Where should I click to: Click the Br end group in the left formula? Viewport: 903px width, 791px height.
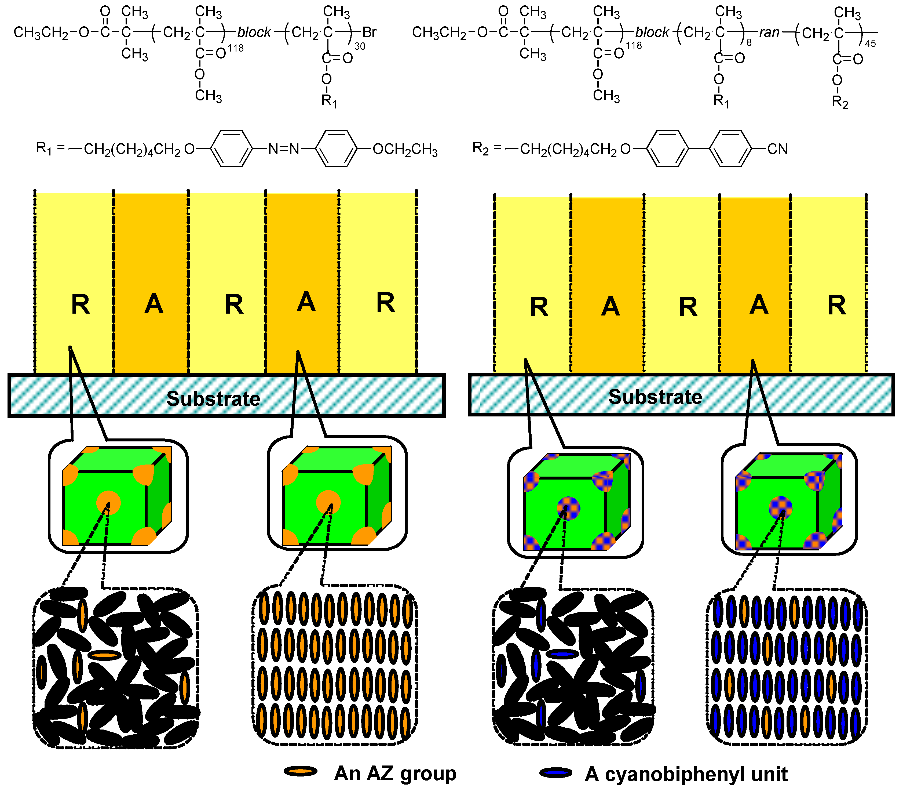pyautogui.click(x=369, y=32)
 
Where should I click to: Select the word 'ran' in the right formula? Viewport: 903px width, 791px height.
pyautogui.click(x=769, y=32)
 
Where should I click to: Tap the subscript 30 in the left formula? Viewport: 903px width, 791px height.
pyautogui.click(x=360, y=46)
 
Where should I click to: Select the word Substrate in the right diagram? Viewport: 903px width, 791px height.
pyautogui.click(x=655, y=397)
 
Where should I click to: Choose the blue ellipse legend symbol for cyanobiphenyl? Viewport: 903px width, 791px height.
pyautogui.click(x=556, y=772)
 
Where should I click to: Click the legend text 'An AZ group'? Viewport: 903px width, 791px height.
pyautogui.click(x=395, y=773)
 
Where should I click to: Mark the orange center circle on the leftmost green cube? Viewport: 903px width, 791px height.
pyautogui.click(x=108, y=502)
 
